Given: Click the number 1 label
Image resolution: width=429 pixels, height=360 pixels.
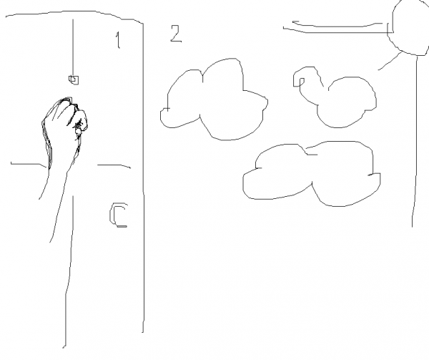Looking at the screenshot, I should coord(117,40).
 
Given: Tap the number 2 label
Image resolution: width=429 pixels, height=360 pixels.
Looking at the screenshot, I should coord(175,33).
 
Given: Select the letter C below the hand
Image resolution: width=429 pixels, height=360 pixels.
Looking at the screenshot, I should coord(119,215).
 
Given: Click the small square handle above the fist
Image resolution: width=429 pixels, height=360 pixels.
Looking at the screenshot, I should coord(73,79).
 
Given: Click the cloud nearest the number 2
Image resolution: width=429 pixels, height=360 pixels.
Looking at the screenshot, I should coord(214,100).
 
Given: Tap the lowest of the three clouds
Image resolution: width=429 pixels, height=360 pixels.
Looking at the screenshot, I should coord(311,175).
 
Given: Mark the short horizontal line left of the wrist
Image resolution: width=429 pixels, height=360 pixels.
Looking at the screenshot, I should coord(27,164).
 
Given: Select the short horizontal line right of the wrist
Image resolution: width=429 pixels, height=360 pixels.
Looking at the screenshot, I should coord(114,165).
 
